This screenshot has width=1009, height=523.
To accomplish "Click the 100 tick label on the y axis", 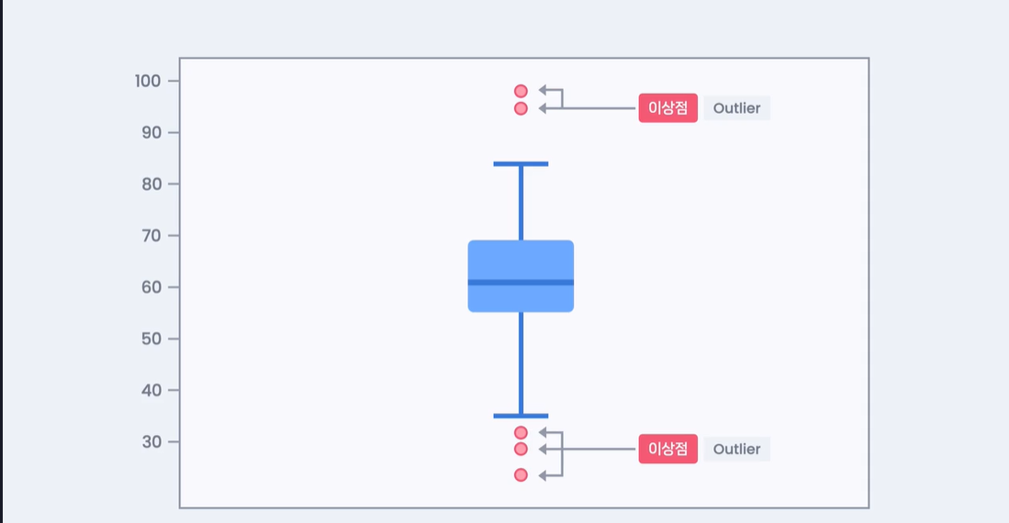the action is (x=148, y=81).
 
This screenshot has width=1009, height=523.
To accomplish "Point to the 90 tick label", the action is (x=151, y=132).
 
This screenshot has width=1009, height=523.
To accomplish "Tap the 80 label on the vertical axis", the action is (x=151, y=184).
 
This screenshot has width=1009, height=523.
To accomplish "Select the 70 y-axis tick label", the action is (x=151, y=236).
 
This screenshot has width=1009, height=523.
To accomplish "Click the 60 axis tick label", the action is (x=151, y=287).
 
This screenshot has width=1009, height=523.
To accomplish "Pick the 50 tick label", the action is (x=151, y=339).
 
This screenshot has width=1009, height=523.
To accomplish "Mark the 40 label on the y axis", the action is (x=151, y=390).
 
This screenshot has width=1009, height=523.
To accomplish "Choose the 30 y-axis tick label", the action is (x=151, y=441).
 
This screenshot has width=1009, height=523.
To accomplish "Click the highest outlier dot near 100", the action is (x=521, y=92).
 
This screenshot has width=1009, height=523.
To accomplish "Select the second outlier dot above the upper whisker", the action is (x=521, y=108).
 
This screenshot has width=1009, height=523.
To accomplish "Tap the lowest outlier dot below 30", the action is (x=521, y=474).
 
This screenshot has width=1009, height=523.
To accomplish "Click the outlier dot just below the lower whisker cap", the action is (x=521, y=432).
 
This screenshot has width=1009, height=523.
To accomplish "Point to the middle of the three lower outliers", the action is (x=521, y=449).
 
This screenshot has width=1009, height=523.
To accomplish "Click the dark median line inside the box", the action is (x=521, y=283).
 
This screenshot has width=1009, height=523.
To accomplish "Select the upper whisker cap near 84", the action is (x=521, y=164).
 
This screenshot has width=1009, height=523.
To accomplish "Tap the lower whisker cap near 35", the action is (x=521, y=417).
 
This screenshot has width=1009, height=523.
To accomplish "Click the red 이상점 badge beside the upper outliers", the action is (x=668, y=108).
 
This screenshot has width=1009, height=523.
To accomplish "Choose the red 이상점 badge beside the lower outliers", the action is (x=668, y=449).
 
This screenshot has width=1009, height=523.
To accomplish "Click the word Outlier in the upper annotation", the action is (x=737, y=108).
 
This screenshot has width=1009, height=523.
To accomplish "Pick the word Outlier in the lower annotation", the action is (x=737, y=449).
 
